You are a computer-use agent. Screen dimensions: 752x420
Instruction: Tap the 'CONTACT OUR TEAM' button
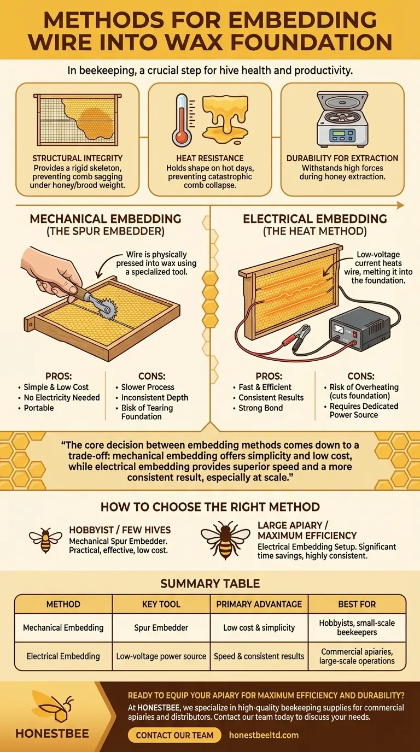174,735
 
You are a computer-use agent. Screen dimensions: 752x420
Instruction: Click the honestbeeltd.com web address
264,735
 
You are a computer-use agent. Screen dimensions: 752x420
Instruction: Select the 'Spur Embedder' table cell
161,627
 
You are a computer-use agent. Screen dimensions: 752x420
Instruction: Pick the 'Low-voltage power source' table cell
161,656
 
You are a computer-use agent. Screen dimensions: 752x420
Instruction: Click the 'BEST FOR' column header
357,604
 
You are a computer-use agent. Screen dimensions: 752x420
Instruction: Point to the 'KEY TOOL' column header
161,604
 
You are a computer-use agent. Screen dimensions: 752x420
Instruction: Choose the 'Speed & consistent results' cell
259,656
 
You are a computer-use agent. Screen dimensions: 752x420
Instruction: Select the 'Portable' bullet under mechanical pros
39,408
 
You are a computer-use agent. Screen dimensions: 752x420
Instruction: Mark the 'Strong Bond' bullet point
261,408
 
